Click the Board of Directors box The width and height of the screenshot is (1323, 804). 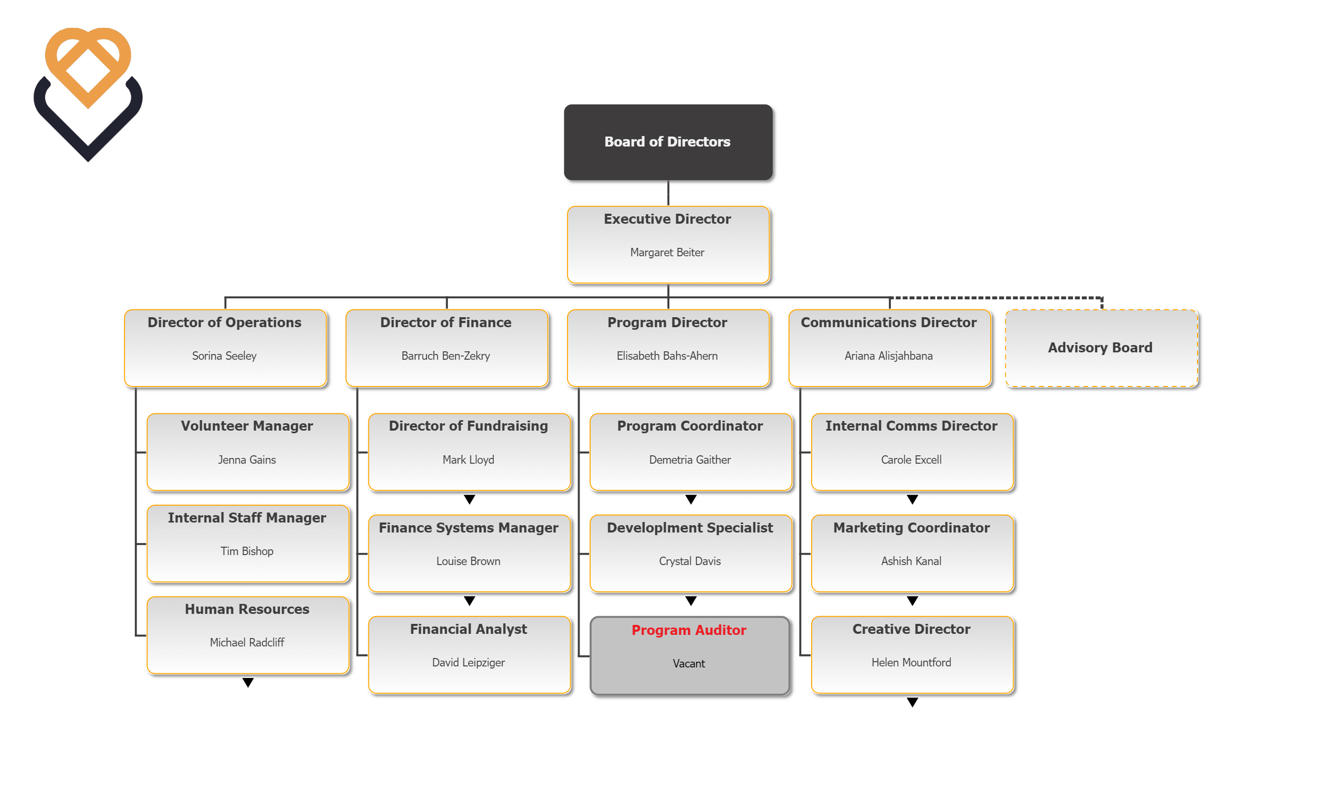tap(667, 142)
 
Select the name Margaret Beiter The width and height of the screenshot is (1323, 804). tap(667, 253)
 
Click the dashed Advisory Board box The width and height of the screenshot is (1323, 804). tap(1101, 348)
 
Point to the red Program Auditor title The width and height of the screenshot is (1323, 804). tap(688, 630)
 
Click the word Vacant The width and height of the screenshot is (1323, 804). tap(688, 664)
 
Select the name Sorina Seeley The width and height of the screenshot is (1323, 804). tap(225, 356)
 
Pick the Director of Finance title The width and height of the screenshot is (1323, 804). tap(446, 322)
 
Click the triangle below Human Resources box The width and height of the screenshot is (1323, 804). tap(247, 683)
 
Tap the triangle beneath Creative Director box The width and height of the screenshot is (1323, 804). tap(912, 703)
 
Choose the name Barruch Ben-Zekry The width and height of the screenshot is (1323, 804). tap(446, 356)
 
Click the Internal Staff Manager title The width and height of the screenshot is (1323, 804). tap(247, 518)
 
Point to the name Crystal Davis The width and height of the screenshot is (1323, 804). tap(689, 561)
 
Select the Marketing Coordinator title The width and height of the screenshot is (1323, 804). tap(911, 528)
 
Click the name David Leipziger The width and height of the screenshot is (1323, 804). tap(468, 663)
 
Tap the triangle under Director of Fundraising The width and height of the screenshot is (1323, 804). tap(469, 499)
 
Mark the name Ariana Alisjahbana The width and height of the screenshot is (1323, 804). tap(889, 356)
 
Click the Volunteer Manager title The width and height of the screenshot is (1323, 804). tap(247, 426)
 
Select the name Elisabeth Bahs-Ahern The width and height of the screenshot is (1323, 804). tap(667, 356)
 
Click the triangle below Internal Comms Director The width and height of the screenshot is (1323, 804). tap(912, 499)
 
